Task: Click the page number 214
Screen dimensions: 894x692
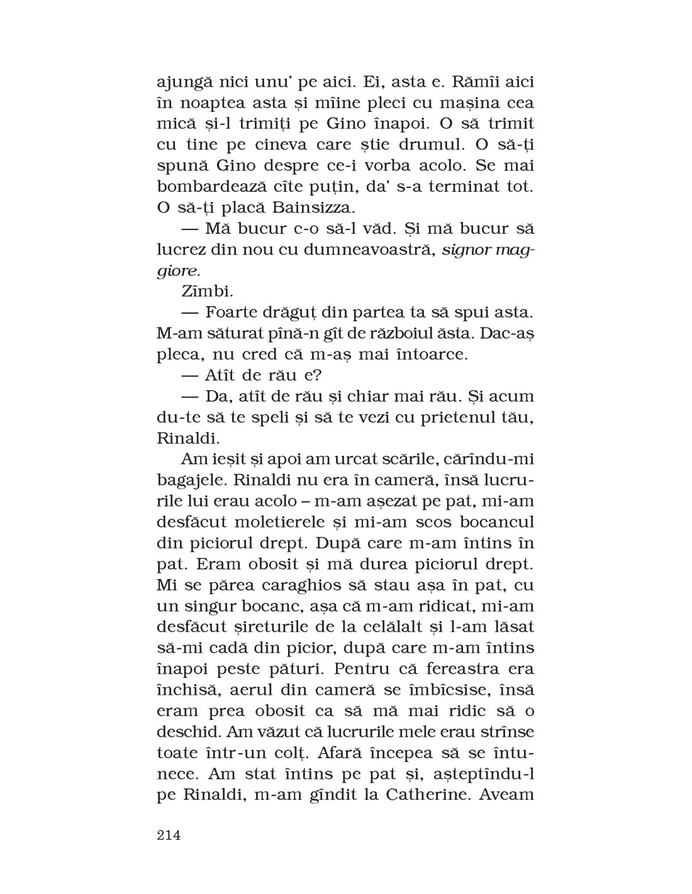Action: [x=168, y=836]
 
